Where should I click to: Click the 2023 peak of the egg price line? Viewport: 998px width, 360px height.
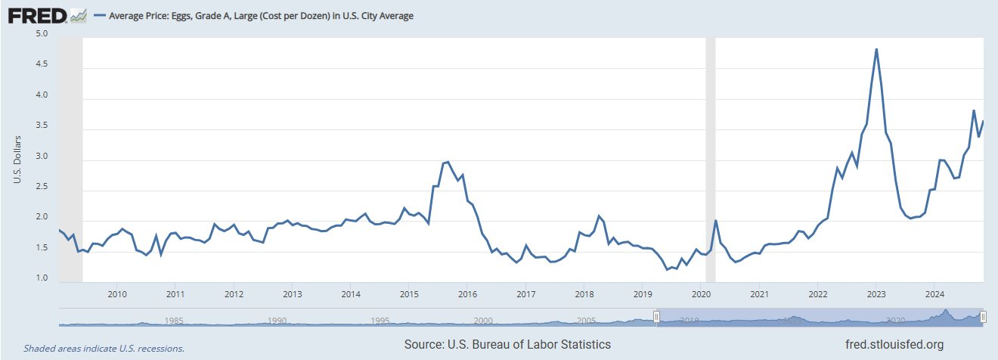click(876, 49)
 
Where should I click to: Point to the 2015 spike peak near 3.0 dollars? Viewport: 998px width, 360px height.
click(448, 162)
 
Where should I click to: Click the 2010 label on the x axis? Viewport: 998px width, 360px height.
click(116, 294)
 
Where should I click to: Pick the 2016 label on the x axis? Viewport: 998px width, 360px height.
click(466, 294)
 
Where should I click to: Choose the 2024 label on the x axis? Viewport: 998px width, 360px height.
click(934, 294)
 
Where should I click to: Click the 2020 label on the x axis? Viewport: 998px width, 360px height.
click(700, 294)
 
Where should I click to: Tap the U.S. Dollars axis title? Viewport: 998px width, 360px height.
click(17, 160)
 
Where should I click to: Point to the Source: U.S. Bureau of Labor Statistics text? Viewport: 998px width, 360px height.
click(507, 345)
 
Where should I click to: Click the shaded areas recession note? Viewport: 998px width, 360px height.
click(104, 349)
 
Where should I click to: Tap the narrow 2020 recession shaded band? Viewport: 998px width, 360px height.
click(710, 160)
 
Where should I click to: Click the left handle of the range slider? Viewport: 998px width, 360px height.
click(656, 318)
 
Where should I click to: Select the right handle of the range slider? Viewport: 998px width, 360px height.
click(983, 318)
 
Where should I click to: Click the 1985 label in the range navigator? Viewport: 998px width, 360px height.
click(173, 320)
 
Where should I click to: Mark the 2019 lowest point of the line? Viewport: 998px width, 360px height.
click(667, 269)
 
